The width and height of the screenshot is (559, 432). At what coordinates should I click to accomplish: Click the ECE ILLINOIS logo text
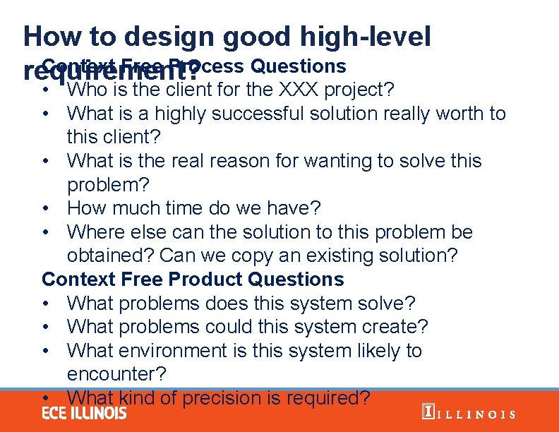pos(84,412)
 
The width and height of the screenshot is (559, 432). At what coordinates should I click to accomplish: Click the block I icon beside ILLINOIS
pos(426,412)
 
